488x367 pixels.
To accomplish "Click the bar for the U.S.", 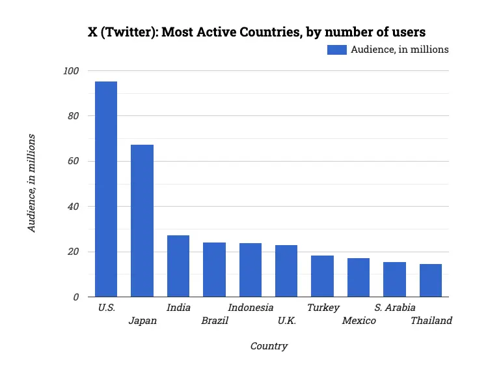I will tap(106, 189).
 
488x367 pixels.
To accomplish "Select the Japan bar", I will tap(142, 221).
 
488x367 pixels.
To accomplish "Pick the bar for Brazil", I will tap(214, 270).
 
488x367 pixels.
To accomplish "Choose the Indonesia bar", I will tap(251, 270).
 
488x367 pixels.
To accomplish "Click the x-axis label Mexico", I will tap(359, 321).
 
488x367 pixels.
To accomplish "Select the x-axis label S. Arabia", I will tap(395, 308).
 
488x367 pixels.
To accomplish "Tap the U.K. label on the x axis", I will tap(287, 321).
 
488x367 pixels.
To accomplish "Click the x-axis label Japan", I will tap(142, 321).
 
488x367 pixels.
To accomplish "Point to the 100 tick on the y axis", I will tap(71, 71).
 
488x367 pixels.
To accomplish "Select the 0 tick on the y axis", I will tap(76, 297).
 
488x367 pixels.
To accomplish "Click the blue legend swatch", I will tap(337, 50).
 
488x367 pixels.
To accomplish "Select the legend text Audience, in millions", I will tap(400, 50).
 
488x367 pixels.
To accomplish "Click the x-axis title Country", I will tap(269, 346).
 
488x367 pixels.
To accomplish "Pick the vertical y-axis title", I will tap(31, 183).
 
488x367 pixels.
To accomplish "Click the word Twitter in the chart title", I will tap(124, 32).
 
